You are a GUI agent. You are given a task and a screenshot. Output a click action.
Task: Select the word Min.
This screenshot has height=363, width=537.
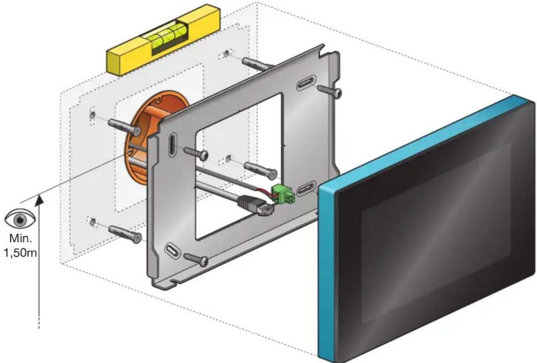(21, 239)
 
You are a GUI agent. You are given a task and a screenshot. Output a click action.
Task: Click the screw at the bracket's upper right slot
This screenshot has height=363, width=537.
(329, 92)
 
